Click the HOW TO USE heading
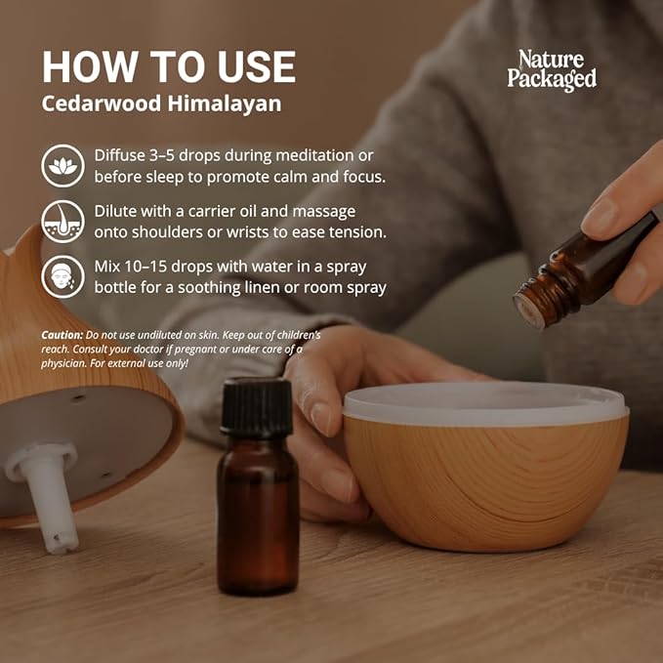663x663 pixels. click(x=168, y=66)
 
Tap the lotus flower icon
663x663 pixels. click(x=62, y=166)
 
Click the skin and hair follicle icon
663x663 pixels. click(x=62, y=222)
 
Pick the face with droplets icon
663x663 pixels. click(x=62, y=276)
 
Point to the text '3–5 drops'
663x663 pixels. click(x=186, y=156)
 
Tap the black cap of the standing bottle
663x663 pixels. click(x=257, y=406)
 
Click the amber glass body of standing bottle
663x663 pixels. click(x=257, y=518)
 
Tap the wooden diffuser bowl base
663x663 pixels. click(x=485, y=483)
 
